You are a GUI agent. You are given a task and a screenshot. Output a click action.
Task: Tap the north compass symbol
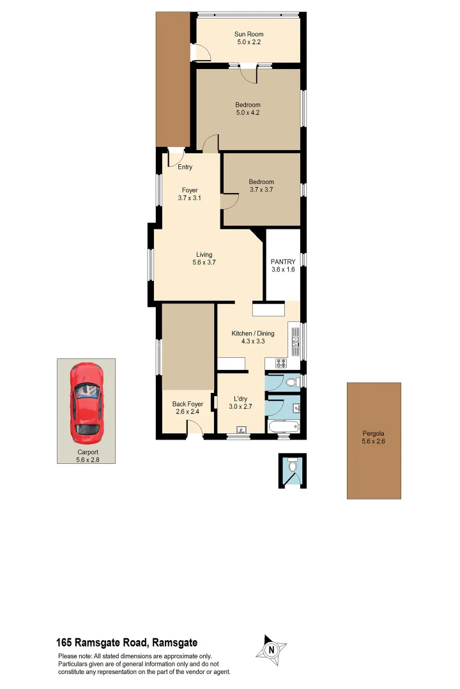pos(272,650)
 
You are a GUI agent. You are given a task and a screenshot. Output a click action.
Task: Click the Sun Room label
pos(249,34)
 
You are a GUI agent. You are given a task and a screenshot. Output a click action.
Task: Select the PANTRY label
pos(283,261)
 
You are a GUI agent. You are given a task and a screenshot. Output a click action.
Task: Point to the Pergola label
pos(374,433)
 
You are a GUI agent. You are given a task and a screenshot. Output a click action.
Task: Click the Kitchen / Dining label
pos(253,333)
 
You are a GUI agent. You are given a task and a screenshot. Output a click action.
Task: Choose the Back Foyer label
pos(188,404)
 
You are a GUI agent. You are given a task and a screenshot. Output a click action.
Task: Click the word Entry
pos(185,167)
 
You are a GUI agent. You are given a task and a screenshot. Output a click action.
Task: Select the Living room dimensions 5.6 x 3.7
pos(204,263)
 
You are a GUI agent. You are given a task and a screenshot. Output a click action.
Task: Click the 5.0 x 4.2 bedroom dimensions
pos(248,113)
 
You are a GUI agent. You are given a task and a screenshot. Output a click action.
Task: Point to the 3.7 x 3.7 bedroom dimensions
pos(261,190)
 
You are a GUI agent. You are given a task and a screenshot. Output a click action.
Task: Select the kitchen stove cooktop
pos(282,364)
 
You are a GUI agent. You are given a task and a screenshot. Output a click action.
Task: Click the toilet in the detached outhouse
pos(293,468)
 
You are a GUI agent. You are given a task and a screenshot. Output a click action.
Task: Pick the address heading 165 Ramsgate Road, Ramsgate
pos(127,643)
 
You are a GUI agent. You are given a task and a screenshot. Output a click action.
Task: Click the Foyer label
pos(190,190)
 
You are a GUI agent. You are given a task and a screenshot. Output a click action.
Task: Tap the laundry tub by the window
pos(241,430)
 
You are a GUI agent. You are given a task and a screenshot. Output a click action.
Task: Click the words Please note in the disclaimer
pos(75,656)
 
